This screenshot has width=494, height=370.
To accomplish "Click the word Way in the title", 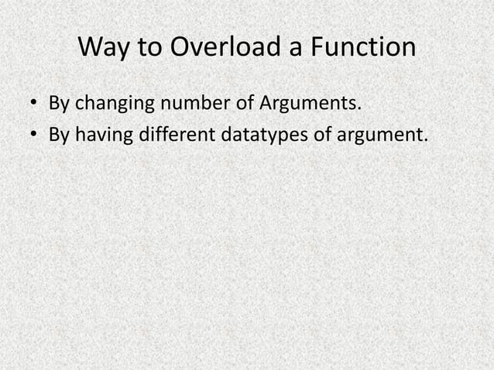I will [104, 49].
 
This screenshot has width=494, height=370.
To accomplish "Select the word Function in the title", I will [362, 49].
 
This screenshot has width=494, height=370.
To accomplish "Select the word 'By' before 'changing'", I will [60, 103].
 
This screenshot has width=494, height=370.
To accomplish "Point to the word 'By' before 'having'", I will [60, 136].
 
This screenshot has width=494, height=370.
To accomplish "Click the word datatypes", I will [271, 138].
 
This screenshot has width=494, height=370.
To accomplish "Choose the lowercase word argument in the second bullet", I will [385, 138].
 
